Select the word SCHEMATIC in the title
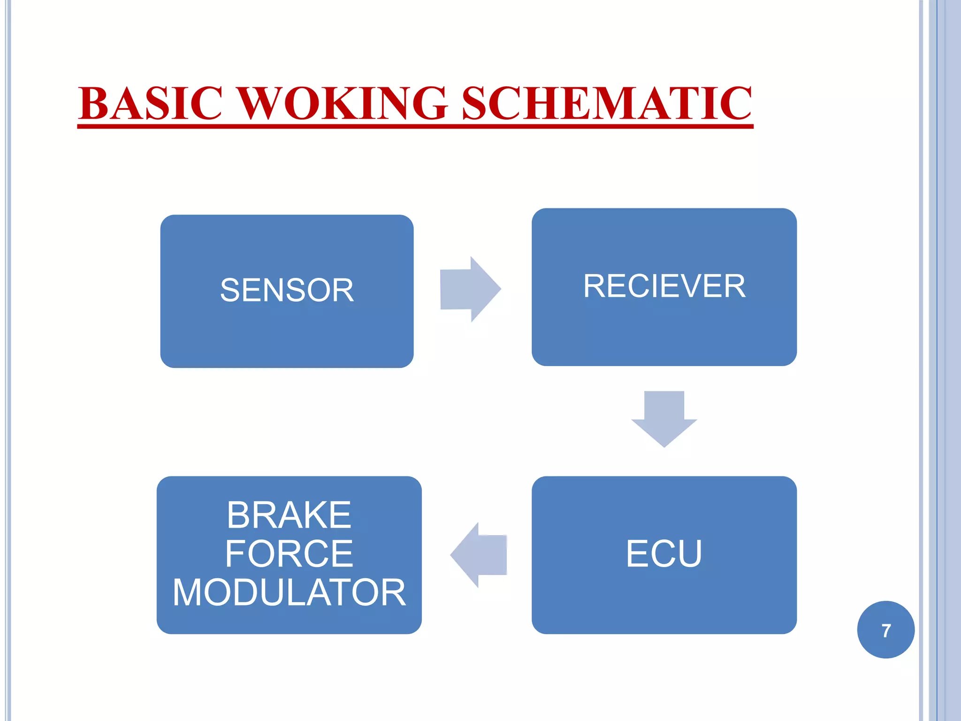coord(607,104)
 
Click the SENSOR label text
coord(287,291)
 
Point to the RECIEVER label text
coord(664,286)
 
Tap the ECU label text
coord(664,554)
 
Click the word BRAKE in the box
coord(289,515)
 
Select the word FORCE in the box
coord(289,554)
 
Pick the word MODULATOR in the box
coord(289,593)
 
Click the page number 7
coord(886,630)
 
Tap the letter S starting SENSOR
coord(230,291)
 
